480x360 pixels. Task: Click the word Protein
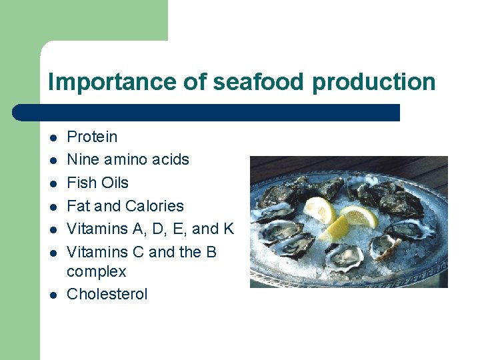(x=92, y=137)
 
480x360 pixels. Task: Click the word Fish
(x=81, y=183)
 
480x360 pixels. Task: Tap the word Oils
(x=114, y=183)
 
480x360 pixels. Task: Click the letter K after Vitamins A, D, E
(x=229, y=229)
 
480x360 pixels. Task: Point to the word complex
(x=96, y=272)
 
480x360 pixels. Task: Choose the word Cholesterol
(x=107, y=294)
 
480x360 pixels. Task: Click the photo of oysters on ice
(x=349, y=221)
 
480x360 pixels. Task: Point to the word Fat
(x=79, y=206)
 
